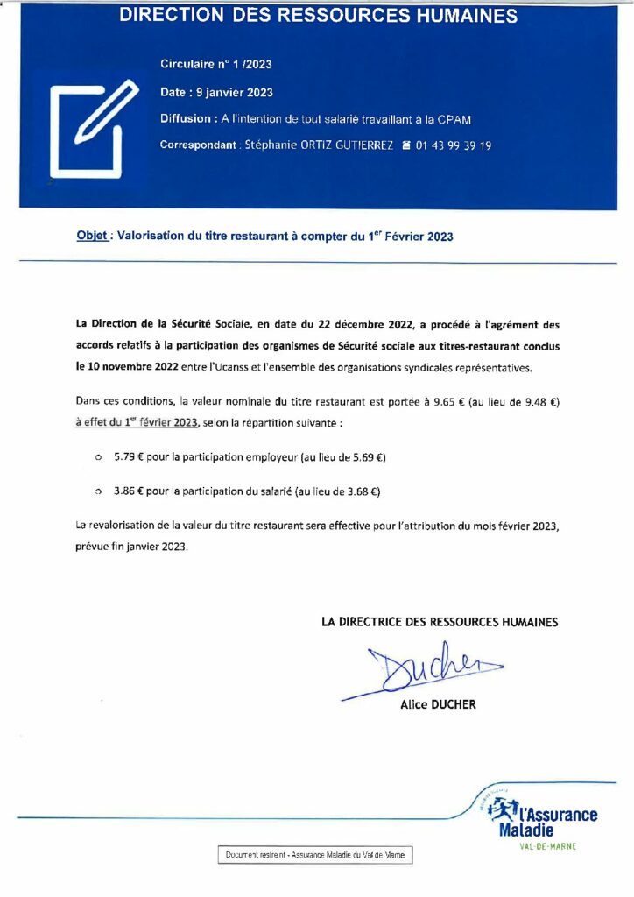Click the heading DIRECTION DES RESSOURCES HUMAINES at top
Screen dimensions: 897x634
click(318, 16)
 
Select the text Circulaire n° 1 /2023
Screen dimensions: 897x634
click(216, 65)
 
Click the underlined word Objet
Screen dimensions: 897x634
click(92, 236)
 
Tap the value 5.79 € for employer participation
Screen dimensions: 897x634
click(129, 457)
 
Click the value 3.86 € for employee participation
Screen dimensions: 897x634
click(129, 491)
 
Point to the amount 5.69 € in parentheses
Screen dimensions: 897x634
click(364, 457)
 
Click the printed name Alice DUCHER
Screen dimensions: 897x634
click(438, 704)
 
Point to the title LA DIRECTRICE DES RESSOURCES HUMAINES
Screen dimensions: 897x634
click(440, 622)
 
